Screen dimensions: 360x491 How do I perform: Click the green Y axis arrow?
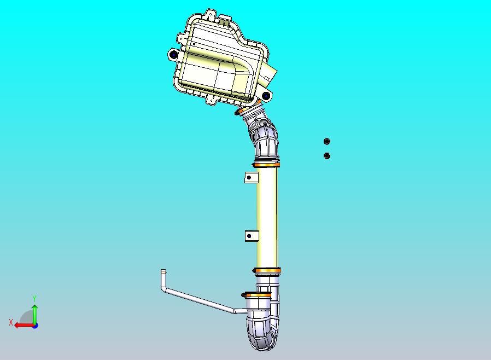[x=34, y=313]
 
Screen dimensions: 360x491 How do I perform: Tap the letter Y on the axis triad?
[x=34, y=298]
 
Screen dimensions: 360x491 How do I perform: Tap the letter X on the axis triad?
[x=11, y=322]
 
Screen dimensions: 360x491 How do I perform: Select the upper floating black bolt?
[x=327, y=142]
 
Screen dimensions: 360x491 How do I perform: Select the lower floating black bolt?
[x=327, y=156]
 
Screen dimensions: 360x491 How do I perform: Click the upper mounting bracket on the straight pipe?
[x=250, y=177]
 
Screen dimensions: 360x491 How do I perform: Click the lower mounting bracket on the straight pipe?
[x=250, y=236]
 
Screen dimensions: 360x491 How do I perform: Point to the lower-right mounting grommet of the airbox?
[x=266, y=96]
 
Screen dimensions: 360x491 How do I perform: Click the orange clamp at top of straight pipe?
[x=266, y=164]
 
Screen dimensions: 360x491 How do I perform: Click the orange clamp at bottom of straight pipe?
[x=267, y=270]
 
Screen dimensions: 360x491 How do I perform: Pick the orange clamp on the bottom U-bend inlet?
[x=256, y=295]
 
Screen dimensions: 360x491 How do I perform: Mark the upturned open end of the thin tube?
[x=163, y=272]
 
